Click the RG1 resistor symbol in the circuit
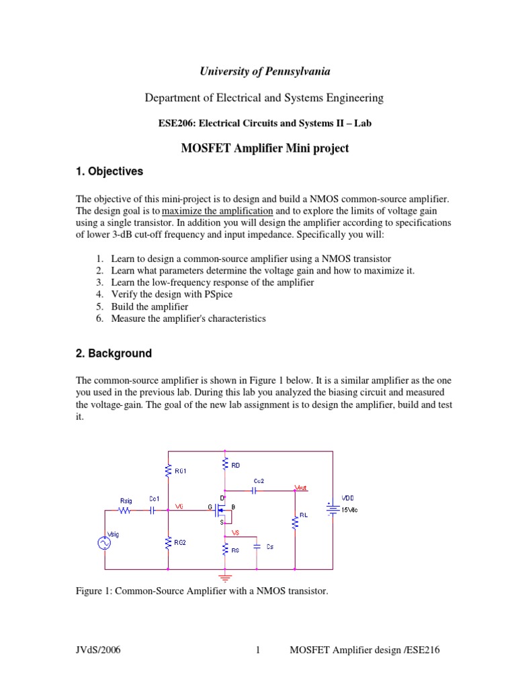pos(168,471)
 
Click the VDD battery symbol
pos(331,508)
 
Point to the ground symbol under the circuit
pos(226,577)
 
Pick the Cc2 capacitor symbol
pos(255,490)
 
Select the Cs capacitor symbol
pos(256,547)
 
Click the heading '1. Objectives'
pos(110,171)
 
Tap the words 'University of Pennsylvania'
pos(264,71)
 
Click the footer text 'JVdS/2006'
pos(99,650)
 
